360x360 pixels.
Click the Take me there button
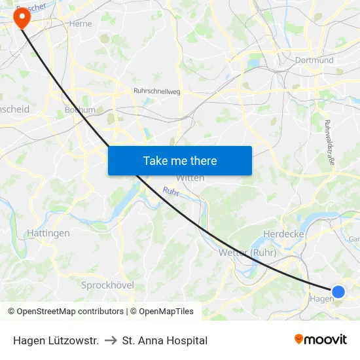pyautogui.click(x=180, y=160)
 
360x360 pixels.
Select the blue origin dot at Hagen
pyautogui.click(x=338, y=292)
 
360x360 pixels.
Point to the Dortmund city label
pyautogui.click(x=314, y=60)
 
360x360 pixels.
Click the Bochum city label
pyautogui.click(x=80, y=110)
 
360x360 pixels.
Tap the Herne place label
pyautogui.click(x=81, y=23)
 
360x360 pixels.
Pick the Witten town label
pyautogui.click(x=190, y=178)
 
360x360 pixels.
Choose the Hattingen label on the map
pyautogui.click(x=48, y=233)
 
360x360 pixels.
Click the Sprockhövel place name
pyautogui.click(x=107, y=285)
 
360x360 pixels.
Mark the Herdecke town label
pyautogui.click(x=280, y=234)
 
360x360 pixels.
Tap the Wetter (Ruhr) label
pyautogui.click(x=248, y=253)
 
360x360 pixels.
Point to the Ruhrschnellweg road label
pyautogui.click(x=156, y=92)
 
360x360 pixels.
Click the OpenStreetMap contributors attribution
pyautogui.click(x=70, y=312)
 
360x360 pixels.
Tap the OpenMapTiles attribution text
pyautogui.click(x=164, y=312)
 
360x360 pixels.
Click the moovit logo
pyautogui.click(x=321, y=340)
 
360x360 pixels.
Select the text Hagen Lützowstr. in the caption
pyautogui.click(x=56, y=340)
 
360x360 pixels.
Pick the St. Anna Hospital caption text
pyautogui.click(x=165, y=340)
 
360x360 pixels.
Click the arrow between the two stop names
pyautogui.click(x=111, y=340)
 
